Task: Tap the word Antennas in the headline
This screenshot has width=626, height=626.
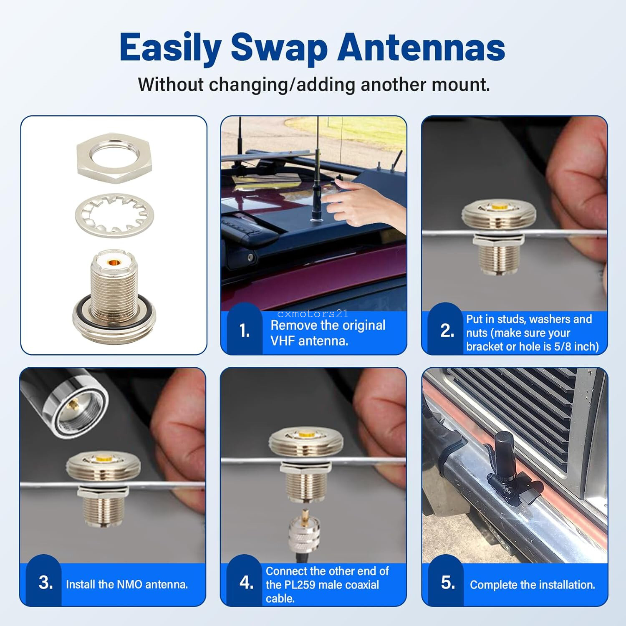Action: click(x=422, y=48)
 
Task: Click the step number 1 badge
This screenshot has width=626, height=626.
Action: click(x=245, y=331)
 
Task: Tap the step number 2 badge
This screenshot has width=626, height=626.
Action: click(x=447, y=331)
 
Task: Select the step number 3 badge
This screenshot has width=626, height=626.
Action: click(x=45, y=583)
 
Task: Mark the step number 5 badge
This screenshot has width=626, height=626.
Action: click(x=448, y=583)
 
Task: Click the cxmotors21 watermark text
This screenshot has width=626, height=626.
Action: click(x=313, y=314)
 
